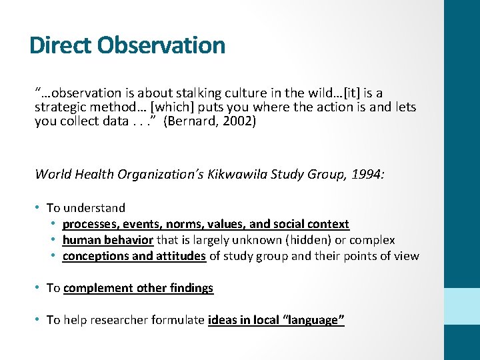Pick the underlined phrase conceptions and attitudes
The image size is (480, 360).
134,256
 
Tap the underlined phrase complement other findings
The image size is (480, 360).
138,288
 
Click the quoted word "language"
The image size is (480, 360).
312,320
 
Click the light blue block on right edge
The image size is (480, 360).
462,306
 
